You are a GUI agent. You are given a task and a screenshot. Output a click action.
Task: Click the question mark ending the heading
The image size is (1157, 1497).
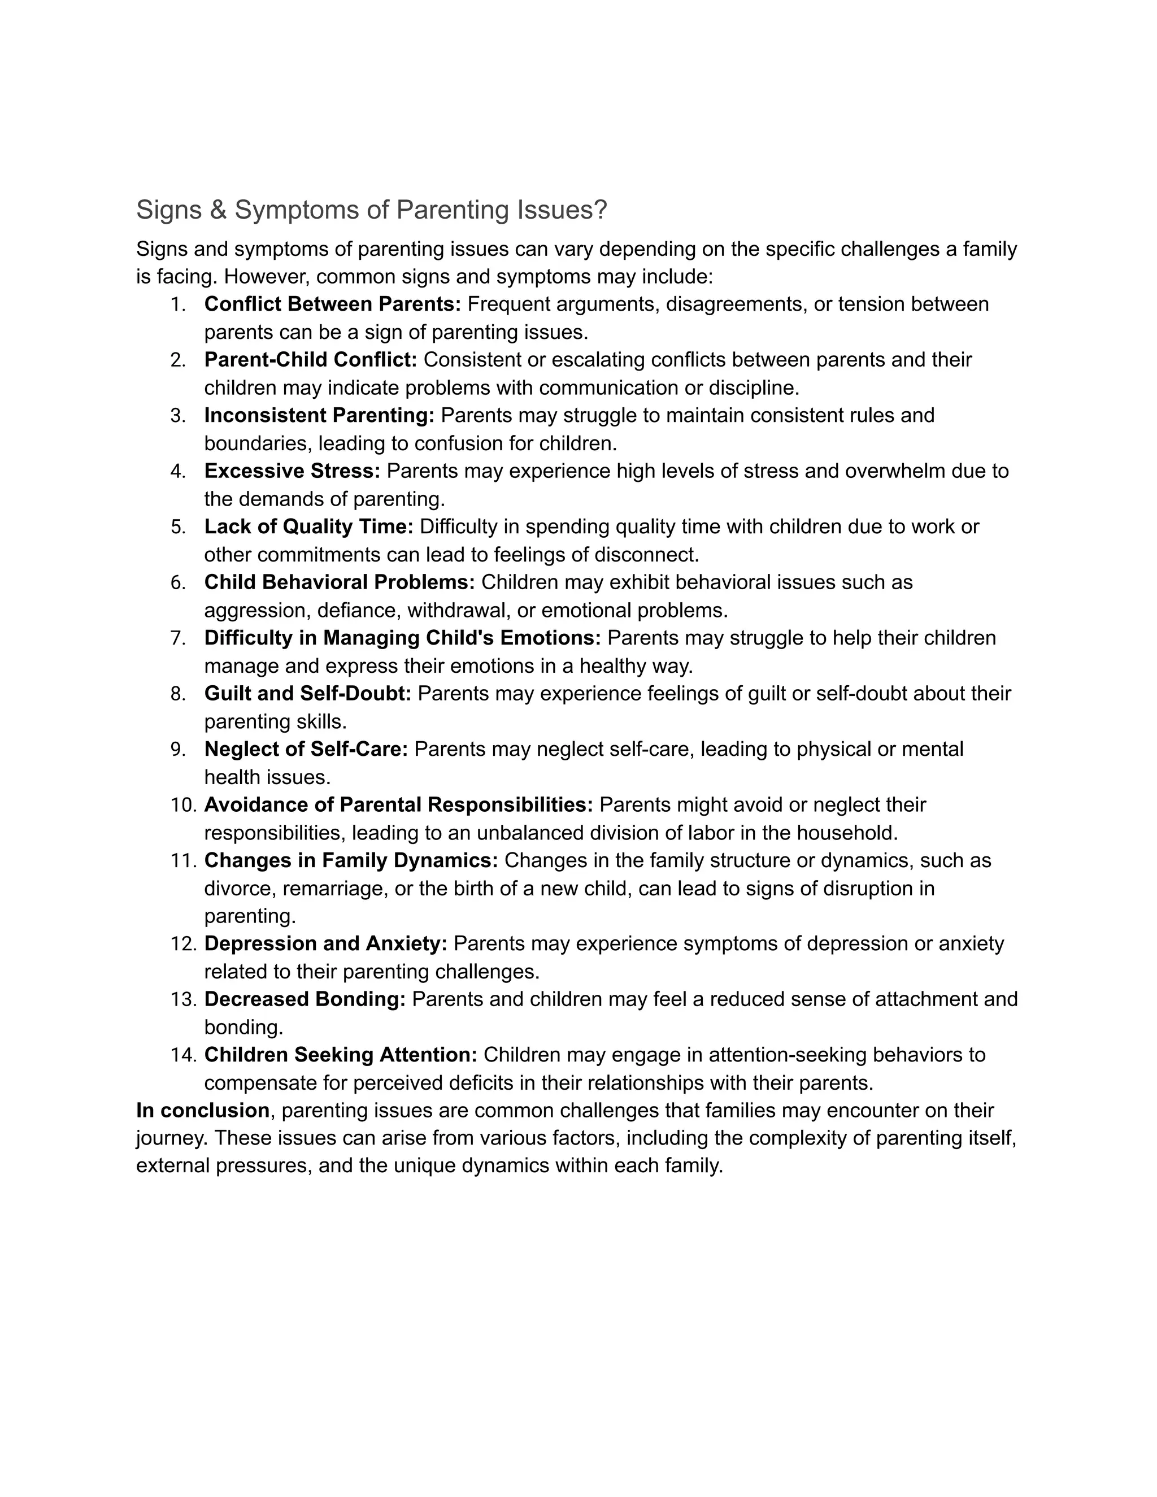tap(601, 210)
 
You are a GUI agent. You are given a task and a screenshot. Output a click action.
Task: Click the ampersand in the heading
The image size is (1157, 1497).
tap(218, 210)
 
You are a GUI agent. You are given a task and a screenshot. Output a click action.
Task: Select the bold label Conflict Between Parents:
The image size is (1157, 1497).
tap(332, 304)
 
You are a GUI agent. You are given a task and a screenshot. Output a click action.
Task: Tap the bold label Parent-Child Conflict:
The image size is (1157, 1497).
tap(311, 360)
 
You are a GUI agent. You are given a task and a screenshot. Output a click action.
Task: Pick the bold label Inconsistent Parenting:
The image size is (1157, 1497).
tap(319, 415)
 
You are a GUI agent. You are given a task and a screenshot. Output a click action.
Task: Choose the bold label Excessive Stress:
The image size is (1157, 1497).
tap(292, 471)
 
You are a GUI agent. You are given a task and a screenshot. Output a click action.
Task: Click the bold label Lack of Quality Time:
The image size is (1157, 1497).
tap(308, 526)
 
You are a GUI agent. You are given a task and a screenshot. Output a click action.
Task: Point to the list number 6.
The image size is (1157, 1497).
tap(177, 582)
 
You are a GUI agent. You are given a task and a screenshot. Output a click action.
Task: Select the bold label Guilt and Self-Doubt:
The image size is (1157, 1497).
tap(308, 694)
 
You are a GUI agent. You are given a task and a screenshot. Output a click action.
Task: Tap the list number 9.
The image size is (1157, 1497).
tap(177, 749)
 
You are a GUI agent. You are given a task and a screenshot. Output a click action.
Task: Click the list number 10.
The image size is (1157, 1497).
tap(183, 804)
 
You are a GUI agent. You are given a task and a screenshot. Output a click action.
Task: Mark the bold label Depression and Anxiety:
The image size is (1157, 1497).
tap(325, 944)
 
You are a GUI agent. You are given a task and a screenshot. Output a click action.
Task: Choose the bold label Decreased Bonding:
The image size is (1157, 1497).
tap(305, 999)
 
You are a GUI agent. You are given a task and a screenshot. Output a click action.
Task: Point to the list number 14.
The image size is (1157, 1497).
tap(183, 1055)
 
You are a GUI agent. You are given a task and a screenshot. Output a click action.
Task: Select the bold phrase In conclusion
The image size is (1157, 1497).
tap(203, 1111)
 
